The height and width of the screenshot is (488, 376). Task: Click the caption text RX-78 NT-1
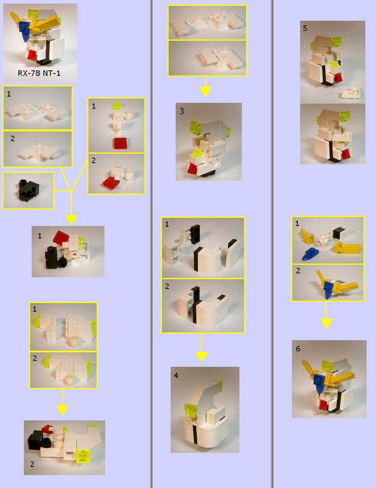click(x=39, y=73)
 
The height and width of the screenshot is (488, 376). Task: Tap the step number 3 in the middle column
click(x=182, y=111)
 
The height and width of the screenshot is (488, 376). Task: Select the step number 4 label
click(x=176, y=375)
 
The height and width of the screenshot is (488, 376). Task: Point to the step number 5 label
click(x=305, y=28)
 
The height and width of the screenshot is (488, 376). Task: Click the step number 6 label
click(x=298, y=349)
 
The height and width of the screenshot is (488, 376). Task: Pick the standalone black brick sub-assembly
click(x=29, y=189)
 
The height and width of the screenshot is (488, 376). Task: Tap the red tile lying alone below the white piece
click(x=121, y=143)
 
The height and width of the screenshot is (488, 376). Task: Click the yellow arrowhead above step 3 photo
click(x=205, y=91)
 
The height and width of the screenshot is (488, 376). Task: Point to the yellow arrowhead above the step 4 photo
click(x=201, y=357)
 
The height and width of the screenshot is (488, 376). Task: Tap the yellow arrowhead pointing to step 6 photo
click(x=326, y=324)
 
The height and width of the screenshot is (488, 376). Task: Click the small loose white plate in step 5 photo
click(x=351, y=93)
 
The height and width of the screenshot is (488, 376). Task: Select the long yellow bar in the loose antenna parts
click(x=347, y=249)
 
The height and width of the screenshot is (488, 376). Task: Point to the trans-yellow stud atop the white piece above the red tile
click(x=116, y=105)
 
